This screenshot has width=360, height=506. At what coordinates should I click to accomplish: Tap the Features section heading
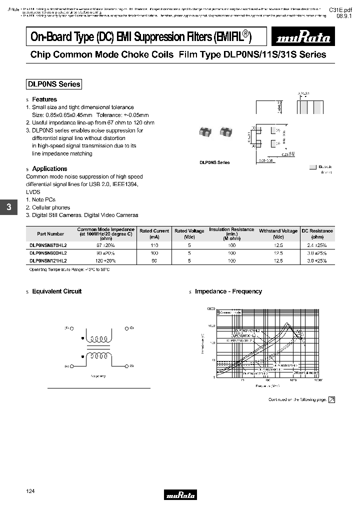[x=44, y=99]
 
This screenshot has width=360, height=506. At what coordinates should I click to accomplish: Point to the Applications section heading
[x=49, y=169]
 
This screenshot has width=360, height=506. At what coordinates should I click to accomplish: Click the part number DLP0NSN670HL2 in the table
[x=48, y=246]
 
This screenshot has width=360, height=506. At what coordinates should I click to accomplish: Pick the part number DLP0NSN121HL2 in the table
[x=48, y=260]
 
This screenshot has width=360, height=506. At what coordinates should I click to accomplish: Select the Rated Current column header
[x=154, y=233]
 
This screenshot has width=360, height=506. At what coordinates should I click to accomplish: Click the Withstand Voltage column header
[x=278, y=233]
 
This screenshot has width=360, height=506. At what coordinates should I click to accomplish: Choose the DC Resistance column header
[x=317, y=233]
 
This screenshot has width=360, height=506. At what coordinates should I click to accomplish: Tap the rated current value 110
[x=154, y=246]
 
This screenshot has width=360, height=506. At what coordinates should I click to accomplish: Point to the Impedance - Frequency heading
[x=228, y=291]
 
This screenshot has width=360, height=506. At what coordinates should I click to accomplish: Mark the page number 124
[x=30, y=491]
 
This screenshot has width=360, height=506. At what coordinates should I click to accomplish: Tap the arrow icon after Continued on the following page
[x=331, y=399]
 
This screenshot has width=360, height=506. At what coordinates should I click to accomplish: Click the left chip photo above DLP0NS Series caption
[x=204, y=132]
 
